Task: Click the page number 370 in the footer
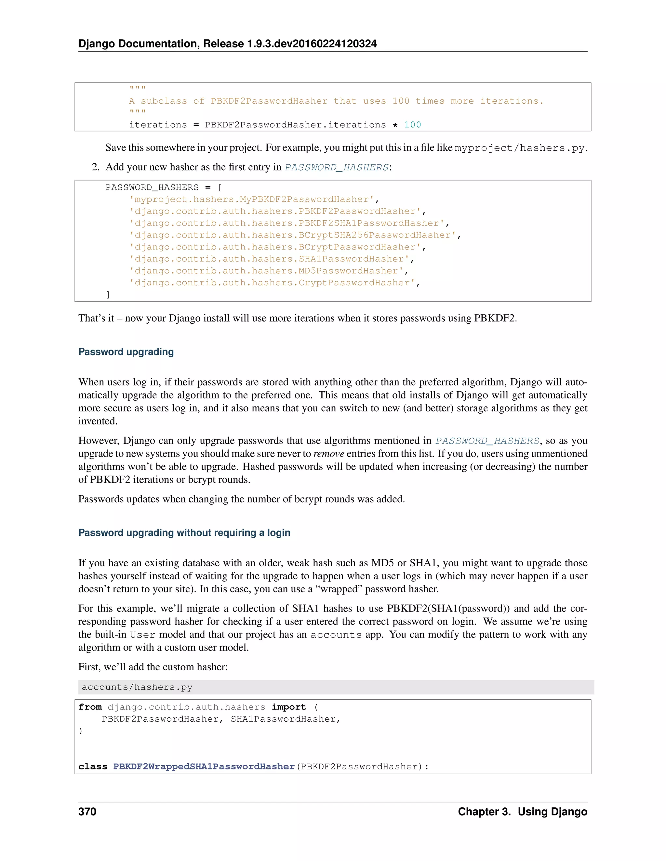tap(87, 811)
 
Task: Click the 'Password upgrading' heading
tap(126, 352)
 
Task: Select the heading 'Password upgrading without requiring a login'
tap(184, 533)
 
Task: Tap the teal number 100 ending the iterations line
tap(412, 125)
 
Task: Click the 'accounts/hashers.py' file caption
tap(137, 687)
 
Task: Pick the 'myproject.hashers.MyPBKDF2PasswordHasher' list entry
tap(251, 199)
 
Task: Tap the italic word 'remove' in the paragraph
tap(329, 454)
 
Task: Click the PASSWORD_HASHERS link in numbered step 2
tap(337, 168)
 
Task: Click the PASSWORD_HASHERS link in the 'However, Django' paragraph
tap(487, 441)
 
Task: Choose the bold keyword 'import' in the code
tap(288, 707)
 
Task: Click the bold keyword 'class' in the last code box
tap(93, 767)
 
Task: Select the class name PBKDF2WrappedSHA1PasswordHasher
tap(204, 767)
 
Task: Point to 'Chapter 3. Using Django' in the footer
tap(522, 811)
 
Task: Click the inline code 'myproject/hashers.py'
tap(519, 148)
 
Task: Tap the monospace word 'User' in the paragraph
tap(142, 635)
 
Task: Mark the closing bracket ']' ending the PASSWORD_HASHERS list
tap(108, 294)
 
